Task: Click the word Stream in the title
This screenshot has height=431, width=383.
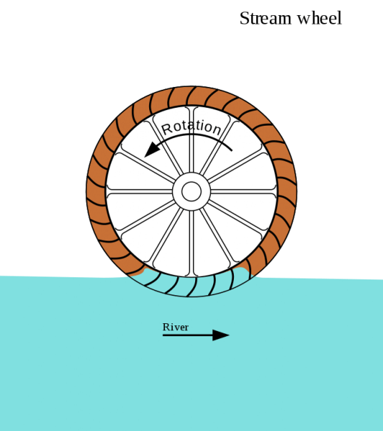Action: coord(265,18)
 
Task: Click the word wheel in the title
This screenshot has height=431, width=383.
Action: coord(319,18)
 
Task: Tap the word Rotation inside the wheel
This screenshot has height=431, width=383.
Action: coord(191,127)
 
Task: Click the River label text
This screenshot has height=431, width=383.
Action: coord(176,327)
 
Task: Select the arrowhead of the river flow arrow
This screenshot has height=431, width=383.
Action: coord(221,335)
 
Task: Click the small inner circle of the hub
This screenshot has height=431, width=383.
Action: coord(191,192)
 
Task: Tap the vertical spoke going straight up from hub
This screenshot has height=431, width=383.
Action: coord(191,139)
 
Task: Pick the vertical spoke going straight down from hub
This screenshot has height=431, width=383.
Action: coord(191,243)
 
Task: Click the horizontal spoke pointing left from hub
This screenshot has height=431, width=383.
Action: coord(140,192)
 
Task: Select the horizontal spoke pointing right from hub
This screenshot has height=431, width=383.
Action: coord(243,192)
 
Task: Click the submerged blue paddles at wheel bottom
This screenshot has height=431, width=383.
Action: coord(192,284)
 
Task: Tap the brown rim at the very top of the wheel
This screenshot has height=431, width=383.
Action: coord(191,96)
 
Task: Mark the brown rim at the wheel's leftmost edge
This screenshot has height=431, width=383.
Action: coord(96,192)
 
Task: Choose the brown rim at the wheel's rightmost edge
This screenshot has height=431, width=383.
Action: coord(287,192)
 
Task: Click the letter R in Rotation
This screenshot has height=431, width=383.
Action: coord(167,129)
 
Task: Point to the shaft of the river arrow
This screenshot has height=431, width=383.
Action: coord(188,335)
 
